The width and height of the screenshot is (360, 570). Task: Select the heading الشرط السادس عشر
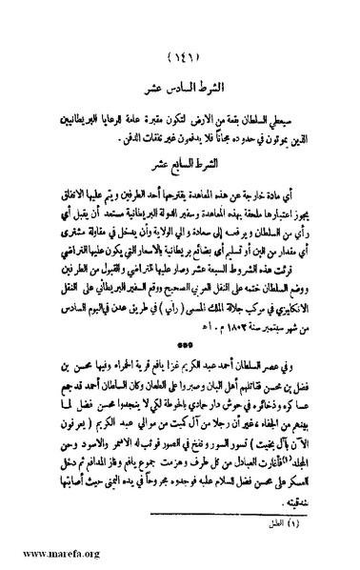(183, 84)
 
